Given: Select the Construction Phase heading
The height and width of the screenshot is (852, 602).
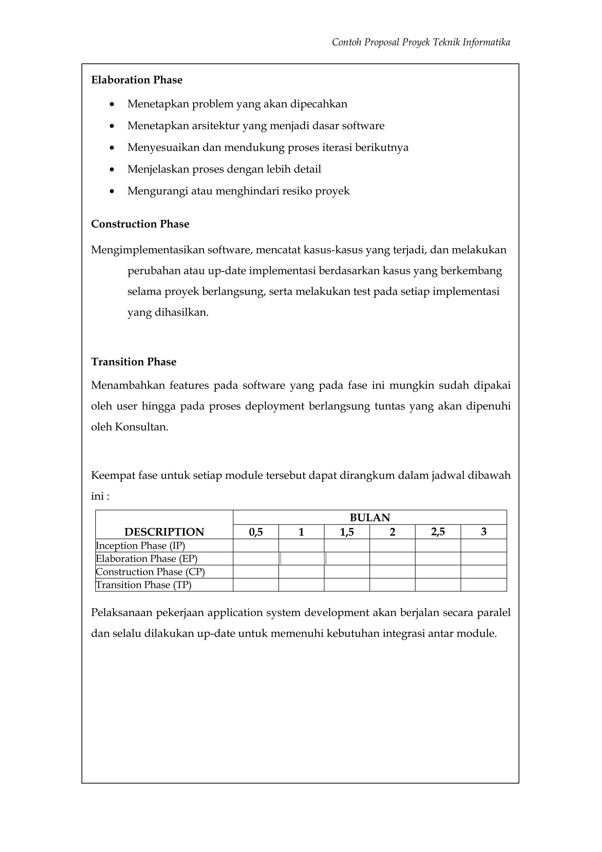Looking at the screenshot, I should click(x=140, y=224).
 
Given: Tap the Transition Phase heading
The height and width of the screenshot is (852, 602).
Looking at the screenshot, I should click(x=133, y=362).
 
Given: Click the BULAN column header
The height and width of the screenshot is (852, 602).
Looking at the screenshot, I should click(x=369, y=518).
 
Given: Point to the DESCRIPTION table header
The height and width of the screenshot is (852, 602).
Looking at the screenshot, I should click(x=164, y=532).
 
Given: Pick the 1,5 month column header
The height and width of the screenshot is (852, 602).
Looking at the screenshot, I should click(x=347, y=532).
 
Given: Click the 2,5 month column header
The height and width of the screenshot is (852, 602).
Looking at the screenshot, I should click(x=438, y=532).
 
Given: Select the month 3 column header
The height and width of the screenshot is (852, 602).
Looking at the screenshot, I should click(x=483, y=532).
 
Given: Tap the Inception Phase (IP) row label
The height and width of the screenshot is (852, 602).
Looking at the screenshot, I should click(x=140, y=546).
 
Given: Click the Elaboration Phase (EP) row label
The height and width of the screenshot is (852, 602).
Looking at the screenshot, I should click(x=146, y=559).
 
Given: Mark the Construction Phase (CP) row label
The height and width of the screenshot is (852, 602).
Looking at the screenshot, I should click(x=150, y=572).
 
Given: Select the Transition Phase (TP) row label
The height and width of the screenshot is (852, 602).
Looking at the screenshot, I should click(x=143, y=585).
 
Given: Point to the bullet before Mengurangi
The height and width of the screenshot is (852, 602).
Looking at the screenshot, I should click(x=112, y=191).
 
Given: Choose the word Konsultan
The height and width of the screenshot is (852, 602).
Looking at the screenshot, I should click(x=141, y=427).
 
